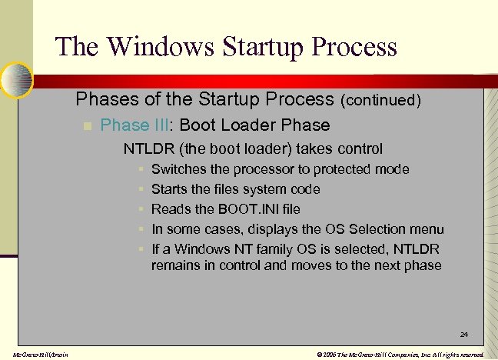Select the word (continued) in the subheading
point(380,100)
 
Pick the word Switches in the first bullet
point(178,169)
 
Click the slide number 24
point(463,335)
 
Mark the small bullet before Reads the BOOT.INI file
point(141,209)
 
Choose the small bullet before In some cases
point(141,229)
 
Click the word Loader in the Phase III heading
point(256,125)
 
